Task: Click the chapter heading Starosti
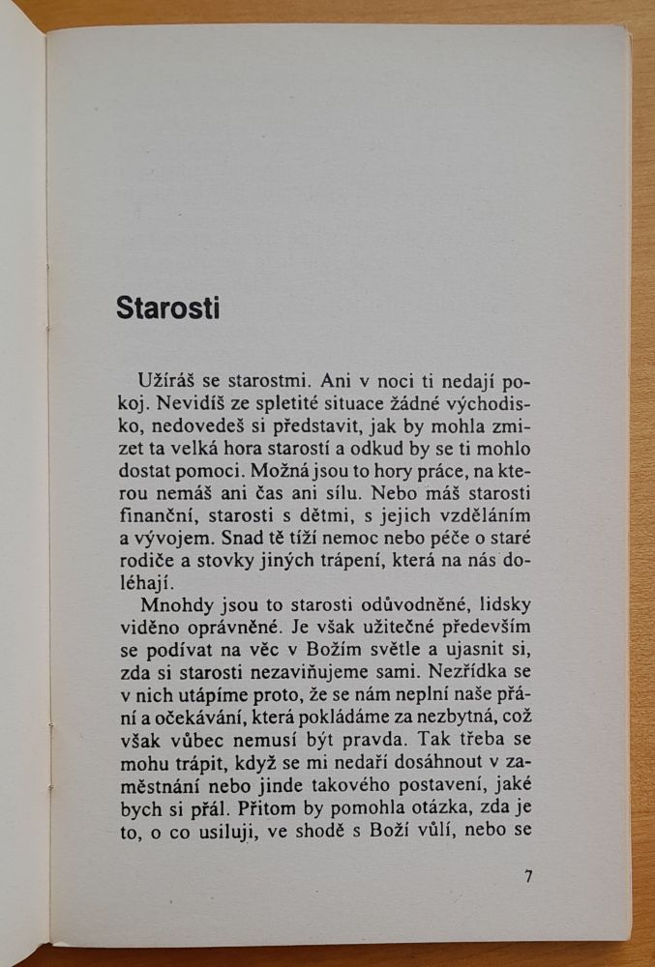168,308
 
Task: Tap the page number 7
528,877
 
